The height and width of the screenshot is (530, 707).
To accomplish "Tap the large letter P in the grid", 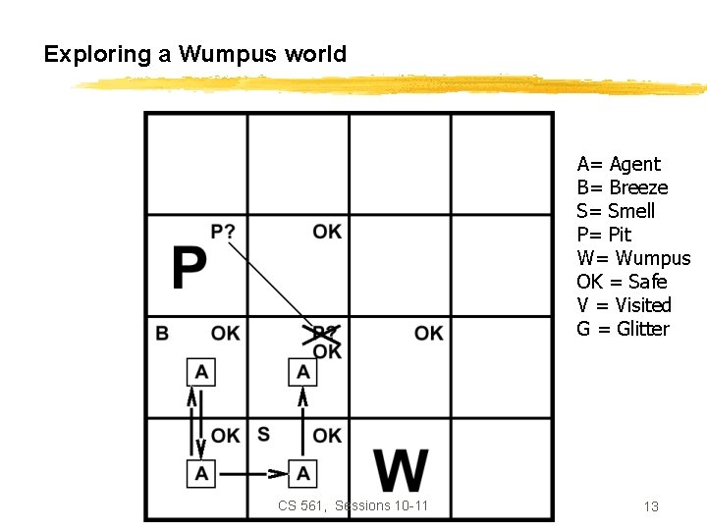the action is pos(190,268).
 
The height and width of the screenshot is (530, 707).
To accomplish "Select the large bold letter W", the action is pos(401,472).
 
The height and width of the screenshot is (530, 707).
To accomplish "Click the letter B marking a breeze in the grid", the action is pos(162,334).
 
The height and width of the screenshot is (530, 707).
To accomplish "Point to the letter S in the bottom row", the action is pos(263,434).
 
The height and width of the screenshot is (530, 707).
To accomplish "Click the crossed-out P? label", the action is pos(324,334).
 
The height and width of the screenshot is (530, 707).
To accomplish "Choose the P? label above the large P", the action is pos(223,232).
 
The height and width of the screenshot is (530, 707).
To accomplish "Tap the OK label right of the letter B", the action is pos(225,334).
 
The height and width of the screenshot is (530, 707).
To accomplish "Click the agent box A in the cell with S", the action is pos(302,474).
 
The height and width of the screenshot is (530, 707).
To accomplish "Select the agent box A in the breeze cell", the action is pos(201,372).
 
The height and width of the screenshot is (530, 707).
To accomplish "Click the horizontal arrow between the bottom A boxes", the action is pos(251,474).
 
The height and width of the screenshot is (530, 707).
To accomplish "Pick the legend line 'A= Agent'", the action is pos(619,164).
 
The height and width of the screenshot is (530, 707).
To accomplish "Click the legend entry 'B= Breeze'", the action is pos(623,187).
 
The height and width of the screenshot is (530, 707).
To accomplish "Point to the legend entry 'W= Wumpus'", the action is pos(633,258).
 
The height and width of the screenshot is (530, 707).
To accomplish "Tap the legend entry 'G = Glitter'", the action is pos(623,329).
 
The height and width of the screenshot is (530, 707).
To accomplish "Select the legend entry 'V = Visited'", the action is pos(624,305).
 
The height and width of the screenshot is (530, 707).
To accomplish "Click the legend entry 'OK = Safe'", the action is pos(622,282).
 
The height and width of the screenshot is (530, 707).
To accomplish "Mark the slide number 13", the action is pos(650,506).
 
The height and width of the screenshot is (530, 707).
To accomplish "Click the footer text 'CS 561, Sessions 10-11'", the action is pos(353,506).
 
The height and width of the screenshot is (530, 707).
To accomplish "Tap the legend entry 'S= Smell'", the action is pos(616,211).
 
